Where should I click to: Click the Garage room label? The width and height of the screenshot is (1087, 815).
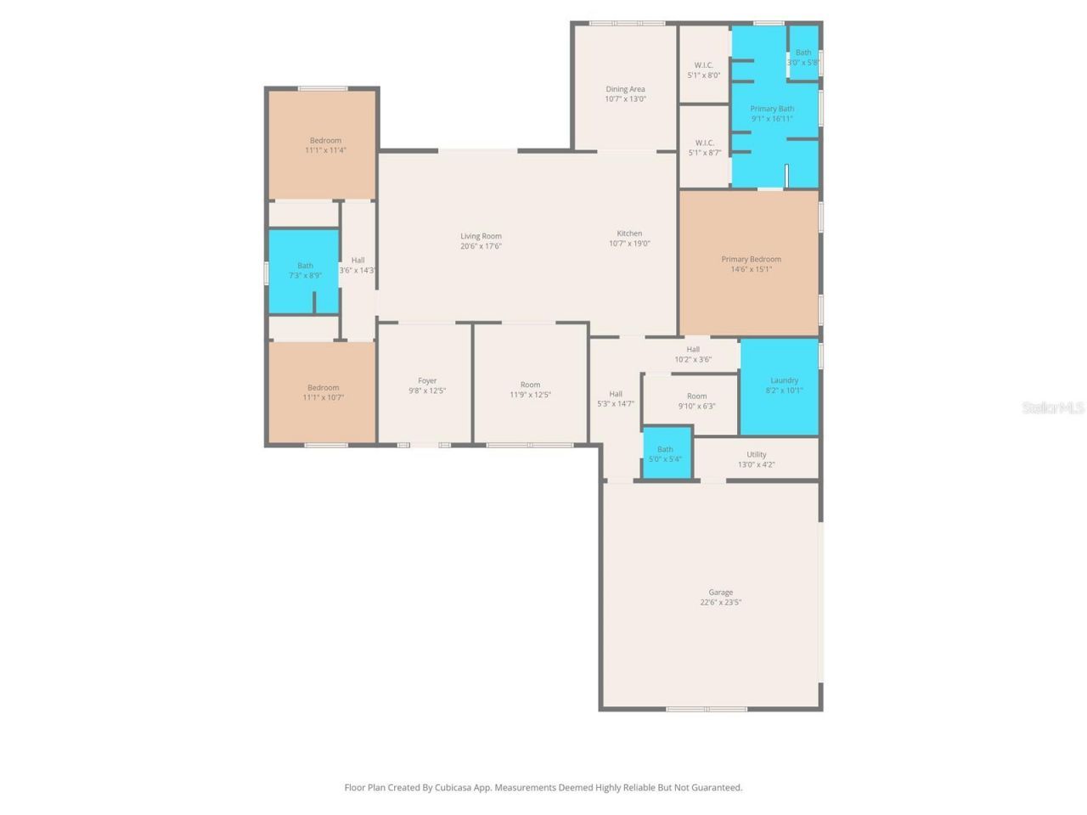(x=720, y=593)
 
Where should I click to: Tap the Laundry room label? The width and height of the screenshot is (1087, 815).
(x=784, y=380)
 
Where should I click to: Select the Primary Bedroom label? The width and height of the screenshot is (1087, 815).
(x=751, y=259)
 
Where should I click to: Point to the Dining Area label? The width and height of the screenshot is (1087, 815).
(x=625, y=89)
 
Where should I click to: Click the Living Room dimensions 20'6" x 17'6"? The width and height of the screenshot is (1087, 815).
(x=481, y=246)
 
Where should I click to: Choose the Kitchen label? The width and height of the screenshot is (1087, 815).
(x=629, y=233)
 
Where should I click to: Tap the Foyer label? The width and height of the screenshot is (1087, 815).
(x=427, y=381)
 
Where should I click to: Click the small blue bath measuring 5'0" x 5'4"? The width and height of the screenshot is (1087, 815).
(x=666, y=454)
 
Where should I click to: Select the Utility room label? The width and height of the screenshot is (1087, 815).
(x=756, y=454)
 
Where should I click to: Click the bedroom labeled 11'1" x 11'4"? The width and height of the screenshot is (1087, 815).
(x=325, y=145)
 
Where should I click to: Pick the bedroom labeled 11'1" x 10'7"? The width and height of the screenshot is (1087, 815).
(x=323, y=392)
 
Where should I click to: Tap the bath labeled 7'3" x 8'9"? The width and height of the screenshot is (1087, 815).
(x=305, y=270)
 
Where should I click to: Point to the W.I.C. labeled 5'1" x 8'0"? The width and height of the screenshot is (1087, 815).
(x=703, y=70)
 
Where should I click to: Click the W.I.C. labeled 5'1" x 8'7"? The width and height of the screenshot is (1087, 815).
(x=704, y=148)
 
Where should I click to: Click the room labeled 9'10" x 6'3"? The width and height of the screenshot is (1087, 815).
(x=696, y=401)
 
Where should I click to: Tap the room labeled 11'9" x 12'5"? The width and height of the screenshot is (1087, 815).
(x=530, y=390)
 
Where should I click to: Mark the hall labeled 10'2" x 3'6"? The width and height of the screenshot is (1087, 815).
(x=693, y=354)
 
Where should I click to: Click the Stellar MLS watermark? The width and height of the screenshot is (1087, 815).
(x=1052, y=407)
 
